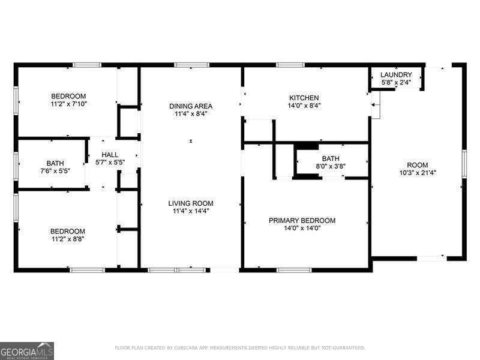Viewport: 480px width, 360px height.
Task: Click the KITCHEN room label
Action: click(x=304, y=98)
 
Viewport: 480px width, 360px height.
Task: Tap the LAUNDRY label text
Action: click(x=397, y=75)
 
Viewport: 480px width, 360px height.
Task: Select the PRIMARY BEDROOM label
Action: click(x=302, y=220)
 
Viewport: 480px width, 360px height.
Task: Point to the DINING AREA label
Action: click(x=191, y=106)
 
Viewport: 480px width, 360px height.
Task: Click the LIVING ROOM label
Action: click(x=191, y=203)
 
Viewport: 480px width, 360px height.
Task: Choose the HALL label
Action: click(x=110, y=154)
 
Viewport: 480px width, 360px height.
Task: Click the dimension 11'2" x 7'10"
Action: click(x=68, y=104)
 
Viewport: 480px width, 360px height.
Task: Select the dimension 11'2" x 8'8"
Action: click(x=68, y=239)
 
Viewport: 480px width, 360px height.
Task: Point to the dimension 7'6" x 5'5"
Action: click(x=51, y=170)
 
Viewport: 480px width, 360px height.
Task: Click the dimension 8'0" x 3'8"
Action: click(x=331, y=166)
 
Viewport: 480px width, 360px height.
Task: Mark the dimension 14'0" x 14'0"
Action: click(x=302, y=228)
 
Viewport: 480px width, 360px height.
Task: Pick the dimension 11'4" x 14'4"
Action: click(x=191, y=211)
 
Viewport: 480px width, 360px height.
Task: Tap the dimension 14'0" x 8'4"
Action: click(x=304, y=106)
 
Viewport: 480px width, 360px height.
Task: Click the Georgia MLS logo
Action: click(x=27, y=350)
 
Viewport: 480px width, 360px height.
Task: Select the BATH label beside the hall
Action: click(x=51, y=163)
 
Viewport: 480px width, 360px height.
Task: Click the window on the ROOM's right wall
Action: click(x=464, y=164)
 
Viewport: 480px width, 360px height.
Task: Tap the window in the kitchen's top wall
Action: click(x=290, y=65)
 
